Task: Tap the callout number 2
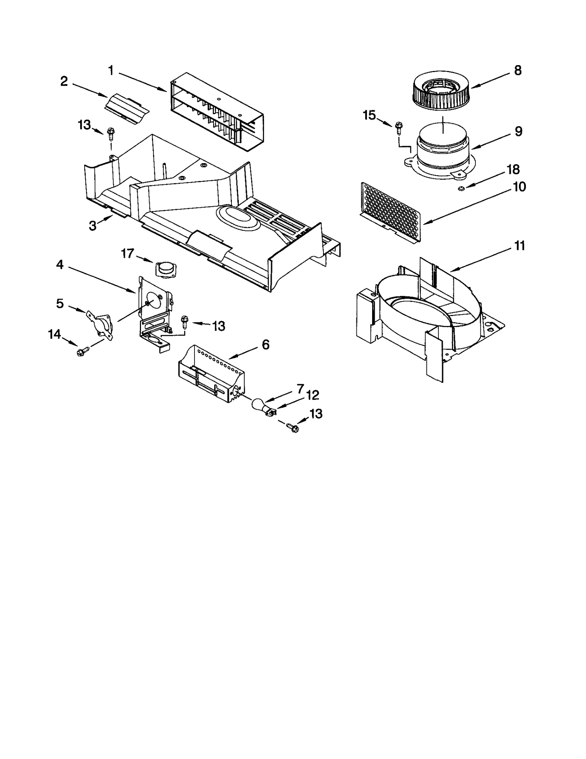64,81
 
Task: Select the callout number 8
518,70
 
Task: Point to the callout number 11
520,246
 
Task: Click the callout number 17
128,253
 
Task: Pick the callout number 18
513,169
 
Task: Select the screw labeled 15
398,129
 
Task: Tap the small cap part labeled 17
164,270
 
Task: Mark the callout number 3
93,226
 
